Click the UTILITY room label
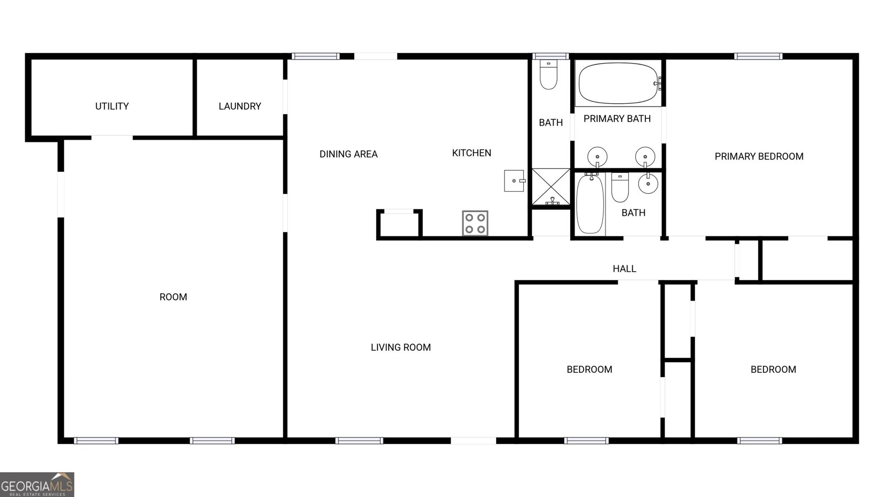[112, 106]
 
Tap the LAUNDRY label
[240, 106]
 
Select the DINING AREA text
[348, 154]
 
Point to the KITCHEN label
[471, 153]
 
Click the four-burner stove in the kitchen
[475, 223]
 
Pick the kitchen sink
[514, 181]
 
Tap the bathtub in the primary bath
[618, 83]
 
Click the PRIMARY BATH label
[617, 119]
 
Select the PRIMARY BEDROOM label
[759, 156]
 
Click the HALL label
[624, 269]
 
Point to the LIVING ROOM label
[401, 347]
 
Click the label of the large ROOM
[173, 297]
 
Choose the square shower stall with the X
[551, 188]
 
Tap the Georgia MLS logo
[37, 484]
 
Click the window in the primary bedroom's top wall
[758, 56]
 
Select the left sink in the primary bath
[597, 156]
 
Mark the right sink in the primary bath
[645, 156]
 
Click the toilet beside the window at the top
[549, 76]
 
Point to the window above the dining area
[315, 56]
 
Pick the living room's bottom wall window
[359, 441]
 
